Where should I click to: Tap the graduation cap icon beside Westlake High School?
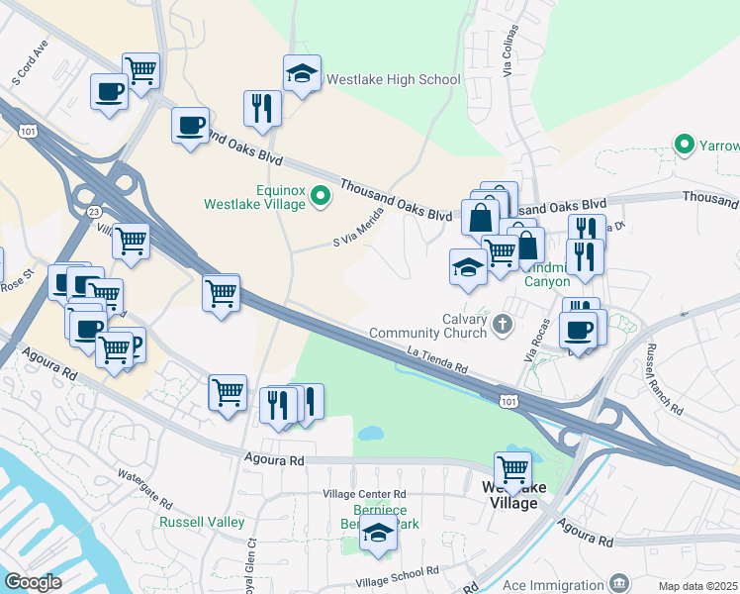coord(303,73)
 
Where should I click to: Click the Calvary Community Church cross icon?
coord(503,323)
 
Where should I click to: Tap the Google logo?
coord(33,582)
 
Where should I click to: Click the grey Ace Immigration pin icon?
coord(619,583)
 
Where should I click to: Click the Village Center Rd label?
coord(364,493)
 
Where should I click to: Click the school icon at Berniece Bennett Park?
coord(377,534)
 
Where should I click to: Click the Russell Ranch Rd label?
coord(663,379)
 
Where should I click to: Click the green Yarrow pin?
coord(684,146)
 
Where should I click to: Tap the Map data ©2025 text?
coord(698,586)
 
